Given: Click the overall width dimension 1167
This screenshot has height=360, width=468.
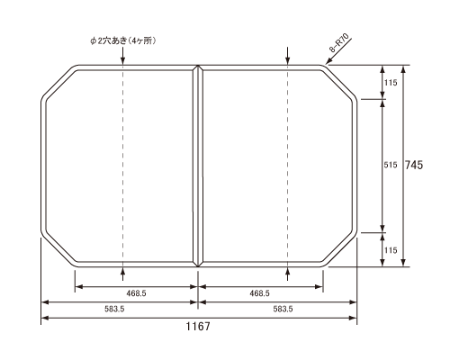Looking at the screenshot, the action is (198, 326).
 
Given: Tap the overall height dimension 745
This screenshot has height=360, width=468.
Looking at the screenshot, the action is (414, 165).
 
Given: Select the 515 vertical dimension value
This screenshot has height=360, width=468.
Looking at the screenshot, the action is (391, 165).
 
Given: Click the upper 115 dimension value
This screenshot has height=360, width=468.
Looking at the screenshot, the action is (391, 83).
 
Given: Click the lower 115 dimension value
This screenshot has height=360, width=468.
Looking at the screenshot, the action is (391, 250).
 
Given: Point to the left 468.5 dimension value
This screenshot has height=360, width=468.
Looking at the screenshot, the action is (136, 293).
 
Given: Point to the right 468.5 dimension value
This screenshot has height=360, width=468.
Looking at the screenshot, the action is (259, 293).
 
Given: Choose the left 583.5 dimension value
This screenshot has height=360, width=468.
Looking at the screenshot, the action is (114, 309).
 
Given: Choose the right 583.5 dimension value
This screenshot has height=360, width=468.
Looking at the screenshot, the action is (283, 309).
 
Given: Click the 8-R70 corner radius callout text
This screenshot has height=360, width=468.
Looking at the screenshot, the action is (339, 43).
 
